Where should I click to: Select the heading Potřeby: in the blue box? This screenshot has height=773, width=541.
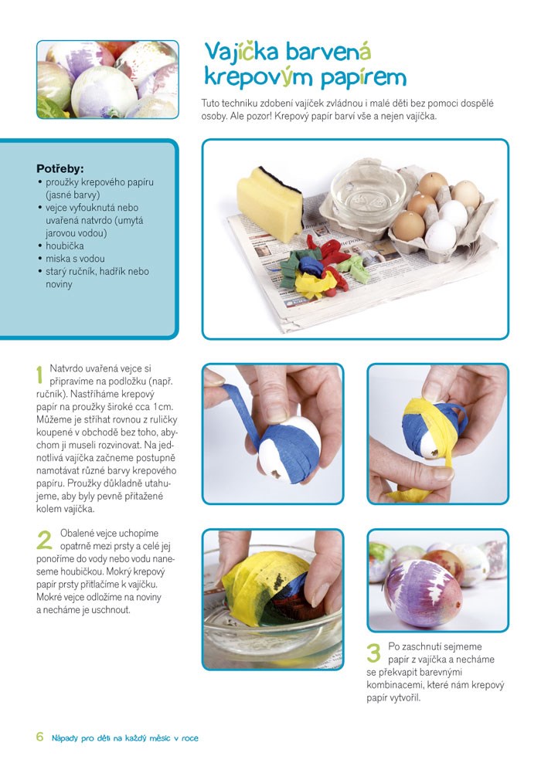point(60,169)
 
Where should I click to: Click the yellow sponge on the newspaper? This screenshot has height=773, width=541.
point(269,202)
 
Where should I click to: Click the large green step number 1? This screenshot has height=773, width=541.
point(39,374)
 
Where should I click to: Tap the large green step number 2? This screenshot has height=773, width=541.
point(44,540)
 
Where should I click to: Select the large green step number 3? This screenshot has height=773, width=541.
point(374,653)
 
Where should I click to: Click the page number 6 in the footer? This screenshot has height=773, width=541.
point(40,737)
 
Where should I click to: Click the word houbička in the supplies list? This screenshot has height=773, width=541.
point(65,246)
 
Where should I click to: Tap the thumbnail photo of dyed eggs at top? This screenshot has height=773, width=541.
point(107,80)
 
